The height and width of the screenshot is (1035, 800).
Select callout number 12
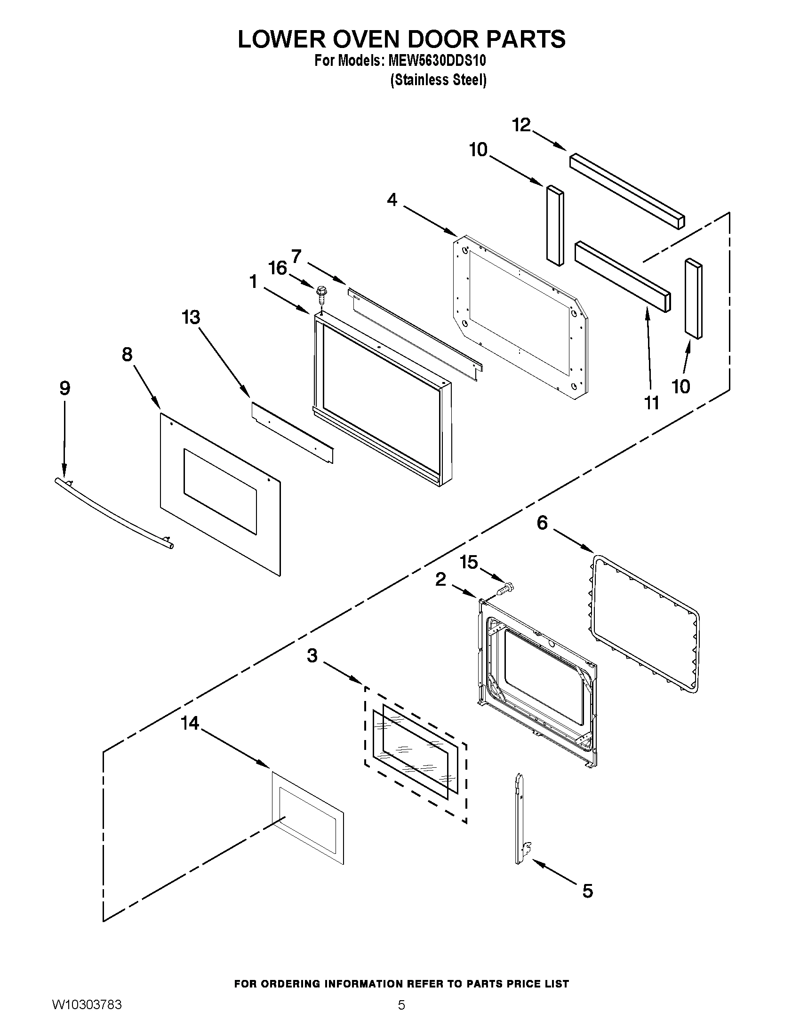click(521, 126)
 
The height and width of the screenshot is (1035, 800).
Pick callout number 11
click(652, 403)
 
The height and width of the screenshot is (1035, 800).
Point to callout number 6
click(542, 523)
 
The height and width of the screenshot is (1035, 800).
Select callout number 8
click(127, 354)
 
